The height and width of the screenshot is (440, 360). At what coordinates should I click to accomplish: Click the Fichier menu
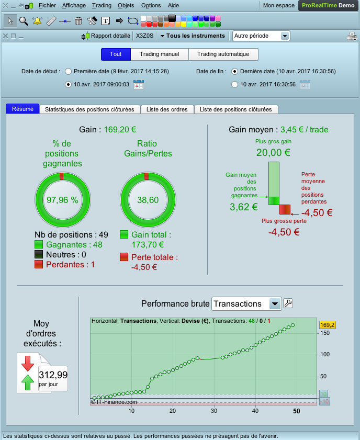click(47, 5)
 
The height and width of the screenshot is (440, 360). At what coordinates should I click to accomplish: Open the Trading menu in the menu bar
click(102, 5)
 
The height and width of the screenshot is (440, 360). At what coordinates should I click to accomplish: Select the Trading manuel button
click(159, 54)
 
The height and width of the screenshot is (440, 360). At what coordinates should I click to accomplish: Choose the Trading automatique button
click(223, 54)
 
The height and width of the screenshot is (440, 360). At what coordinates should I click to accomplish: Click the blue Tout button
click(116, 54)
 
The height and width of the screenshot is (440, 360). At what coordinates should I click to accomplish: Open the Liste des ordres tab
click(167, 109)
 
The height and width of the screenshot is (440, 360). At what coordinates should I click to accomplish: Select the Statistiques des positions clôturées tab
click(90, 109)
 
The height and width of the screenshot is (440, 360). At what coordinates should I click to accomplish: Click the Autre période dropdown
click(261, 36)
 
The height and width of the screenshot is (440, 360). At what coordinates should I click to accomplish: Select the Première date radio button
click(68, 71)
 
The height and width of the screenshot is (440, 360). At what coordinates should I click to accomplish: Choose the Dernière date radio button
click(234, 71)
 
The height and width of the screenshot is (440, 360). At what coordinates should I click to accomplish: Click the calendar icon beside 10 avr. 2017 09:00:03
click(139, 84)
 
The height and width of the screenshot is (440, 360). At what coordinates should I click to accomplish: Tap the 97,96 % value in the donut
click(62, 200)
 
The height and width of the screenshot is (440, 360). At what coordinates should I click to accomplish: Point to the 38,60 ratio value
click(148, 200)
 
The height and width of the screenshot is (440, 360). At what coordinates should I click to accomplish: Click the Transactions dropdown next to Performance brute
click(246, 303)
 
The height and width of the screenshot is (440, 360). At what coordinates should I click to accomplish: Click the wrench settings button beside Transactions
click(288, 303)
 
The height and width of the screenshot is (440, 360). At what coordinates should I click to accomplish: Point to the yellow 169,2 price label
click(327, 325)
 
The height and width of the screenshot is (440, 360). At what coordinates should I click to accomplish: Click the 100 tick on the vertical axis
click(325, 354)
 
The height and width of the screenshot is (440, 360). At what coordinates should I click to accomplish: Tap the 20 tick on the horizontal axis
click(173, 411)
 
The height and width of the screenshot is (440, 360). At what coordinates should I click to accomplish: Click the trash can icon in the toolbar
click(78, 21)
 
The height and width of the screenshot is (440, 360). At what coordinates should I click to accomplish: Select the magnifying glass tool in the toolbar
click(24, 21)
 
